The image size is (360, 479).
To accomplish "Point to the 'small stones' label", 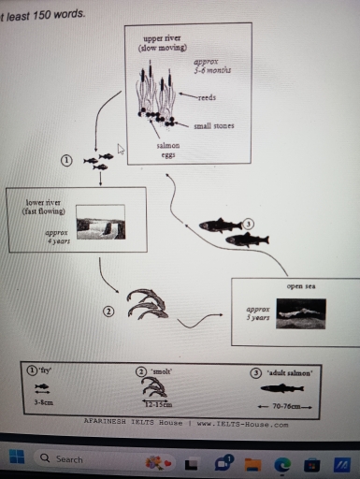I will [214, 125].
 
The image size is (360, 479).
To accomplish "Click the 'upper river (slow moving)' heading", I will [162, 43].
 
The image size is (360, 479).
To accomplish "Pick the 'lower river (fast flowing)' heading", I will [37, 207].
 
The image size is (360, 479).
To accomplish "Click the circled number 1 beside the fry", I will [65, 160].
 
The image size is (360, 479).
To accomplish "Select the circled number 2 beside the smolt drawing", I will [108, 311].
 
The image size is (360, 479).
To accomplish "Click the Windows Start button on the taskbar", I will [15, 458].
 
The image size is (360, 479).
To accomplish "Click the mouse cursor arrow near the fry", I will [121, 148].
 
